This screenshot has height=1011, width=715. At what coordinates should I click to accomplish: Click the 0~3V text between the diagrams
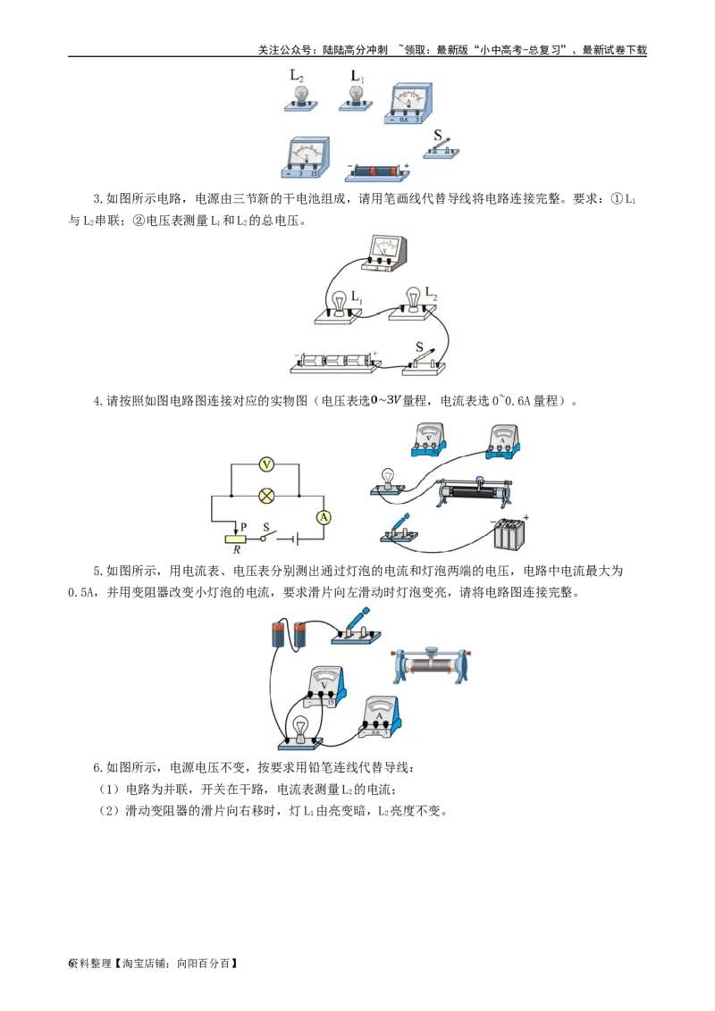click(386, 402)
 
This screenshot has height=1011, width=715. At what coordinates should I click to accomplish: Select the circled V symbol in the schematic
click(265, 464)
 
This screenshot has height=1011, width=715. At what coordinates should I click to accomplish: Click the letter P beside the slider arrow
click(243, 528)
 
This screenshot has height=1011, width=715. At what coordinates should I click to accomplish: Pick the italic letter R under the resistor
click(237, 549)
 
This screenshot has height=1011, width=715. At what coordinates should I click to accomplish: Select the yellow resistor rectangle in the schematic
click(236, 538)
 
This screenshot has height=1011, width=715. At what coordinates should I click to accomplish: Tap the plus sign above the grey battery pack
click(526, 517)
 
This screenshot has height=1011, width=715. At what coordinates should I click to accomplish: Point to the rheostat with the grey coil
click(429, 664)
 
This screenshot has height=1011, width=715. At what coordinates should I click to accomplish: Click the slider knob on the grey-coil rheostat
click(429, 649)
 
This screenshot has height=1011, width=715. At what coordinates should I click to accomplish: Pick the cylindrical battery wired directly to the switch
click(300, 634)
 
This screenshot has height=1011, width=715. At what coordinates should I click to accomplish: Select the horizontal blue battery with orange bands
click(375, 171)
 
